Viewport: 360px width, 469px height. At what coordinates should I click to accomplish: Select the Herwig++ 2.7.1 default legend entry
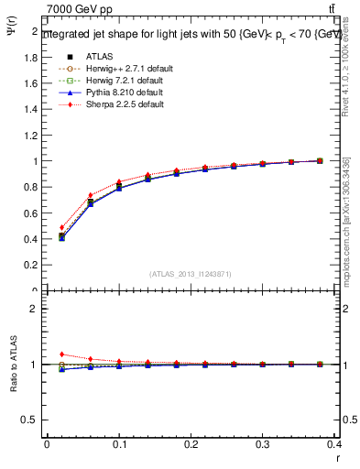124,69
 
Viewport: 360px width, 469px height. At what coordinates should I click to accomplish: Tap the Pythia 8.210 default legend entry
120,93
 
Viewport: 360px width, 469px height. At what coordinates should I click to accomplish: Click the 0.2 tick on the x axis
191,448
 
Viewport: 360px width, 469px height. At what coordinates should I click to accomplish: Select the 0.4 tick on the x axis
334,448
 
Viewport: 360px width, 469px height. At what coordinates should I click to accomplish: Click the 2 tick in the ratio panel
35,309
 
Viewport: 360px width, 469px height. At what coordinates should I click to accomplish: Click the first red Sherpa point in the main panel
61,227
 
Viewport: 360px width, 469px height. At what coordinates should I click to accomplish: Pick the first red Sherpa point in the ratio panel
61,354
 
